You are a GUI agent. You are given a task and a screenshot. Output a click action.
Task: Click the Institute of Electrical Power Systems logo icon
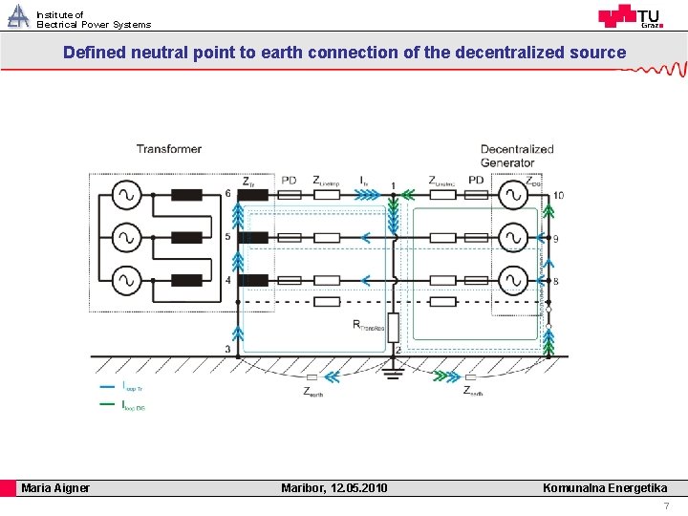pyautogui.click(x=18, y=16)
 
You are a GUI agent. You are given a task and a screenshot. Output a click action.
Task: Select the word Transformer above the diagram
pyautogui.click(x=169, y=149)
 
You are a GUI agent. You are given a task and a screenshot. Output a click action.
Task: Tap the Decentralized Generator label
pyautogui.click(x=516, y=155)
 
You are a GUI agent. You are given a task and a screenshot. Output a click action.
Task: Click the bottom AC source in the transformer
pyautogui.click(x=125, y=281)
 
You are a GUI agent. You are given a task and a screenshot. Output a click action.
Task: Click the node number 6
pyautogui.click(x=227, y=194)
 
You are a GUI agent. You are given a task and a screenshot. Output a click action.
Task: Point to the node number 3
pyautogui.click(x=227, y=350)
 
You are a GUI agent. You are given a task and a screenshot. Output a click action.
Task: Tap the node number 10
pyautogui.click(x=558, y=196)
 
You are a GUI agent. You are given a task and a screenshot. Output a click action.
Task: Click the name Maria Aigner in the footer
pyautogui.click(x=55, y=488)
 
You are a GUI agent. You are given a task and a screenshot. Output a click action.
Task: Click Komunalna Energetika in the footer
pyautogui.click(x=605, y=488)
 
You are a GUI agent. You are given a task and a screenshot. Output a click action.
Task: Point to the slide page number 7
pyautogui.click(x=666, y=505)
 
